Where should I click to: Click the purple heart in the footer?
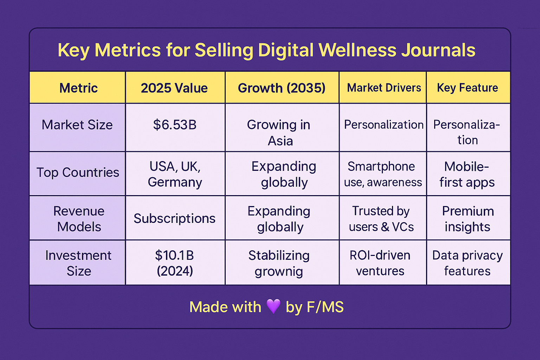click(273, 306)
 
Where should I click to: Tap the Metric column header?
click(78, 88)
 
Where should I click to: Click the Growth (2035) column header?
click(282, 88)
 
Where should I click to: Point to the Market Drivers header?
click(384, 88)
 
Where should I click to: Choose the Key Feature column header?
click(467, 88)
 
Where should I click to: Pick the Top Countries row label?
click(78, 173)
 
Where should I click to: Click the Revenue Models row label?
click(79, 219)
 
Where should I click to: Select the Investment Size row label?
click(78, 263)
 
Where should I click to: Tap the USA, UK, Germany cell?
click(175, 174)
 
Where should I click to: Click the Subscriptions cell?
click(174, 219)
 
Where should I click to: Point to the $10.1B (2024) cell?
click(175, 263)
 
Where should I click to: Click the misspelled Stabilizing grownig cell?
click(279, 263)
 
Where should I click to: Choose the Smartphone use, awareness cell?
click(382, 174)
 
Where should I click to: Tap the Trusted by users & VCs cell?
click(381, 219)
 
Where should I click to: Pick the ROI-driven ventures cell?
click(380, 263)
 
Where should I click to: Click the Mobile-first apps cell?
click(467, 174)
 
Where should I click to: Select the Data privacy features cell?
click(467, 263)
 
